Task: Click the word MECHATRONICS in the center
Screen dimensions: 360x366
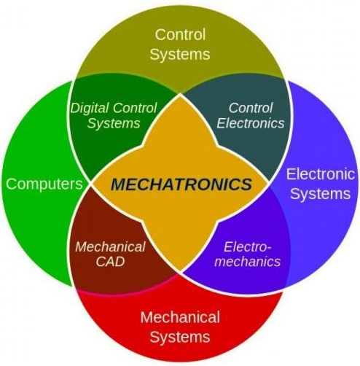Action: (181, 184)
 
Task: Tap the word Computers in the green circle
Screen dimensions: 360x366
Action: (44, 184)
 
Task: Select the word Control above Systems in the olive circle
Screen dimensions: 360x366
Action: (180, 34)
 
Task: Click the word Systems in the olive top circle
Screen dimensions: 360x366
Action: (180, 55)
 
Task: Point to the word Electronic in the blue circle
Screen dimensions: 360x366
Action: (321, 174)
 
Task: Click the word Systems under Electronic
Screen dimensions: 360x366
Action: (321, 194)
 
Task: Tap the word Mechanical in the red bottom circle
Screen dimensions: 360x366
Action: (180, 317)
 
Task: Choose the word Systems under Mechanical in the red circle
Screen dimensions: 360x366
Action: (180, 337)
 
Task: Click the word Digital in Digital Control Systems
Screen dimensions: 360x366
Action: (89, 109)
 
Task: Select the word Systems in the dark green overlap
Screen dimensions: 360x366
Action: (114, 123)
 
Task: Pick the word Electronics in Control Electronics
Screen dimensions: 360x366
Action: (251, 123)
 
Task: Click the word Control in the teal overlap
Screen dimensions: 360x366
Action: (251, 108)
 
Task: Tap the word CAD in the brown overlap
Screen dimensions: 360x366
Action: (110, 262)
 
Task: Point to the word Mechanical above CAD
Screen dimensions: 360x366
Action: (110, 246)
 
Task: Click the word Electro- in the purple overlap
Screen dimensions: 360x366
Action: (247, 247)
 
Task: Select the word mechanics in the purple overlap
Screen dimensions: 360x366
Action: (247, 262)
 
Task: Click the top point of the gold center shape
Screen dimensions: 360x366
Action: (180, 95)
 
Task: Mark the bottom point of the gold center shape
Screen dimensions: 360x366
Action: (180, 272)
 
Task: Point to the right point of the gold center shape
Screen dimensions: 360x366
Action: (268, 182)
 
